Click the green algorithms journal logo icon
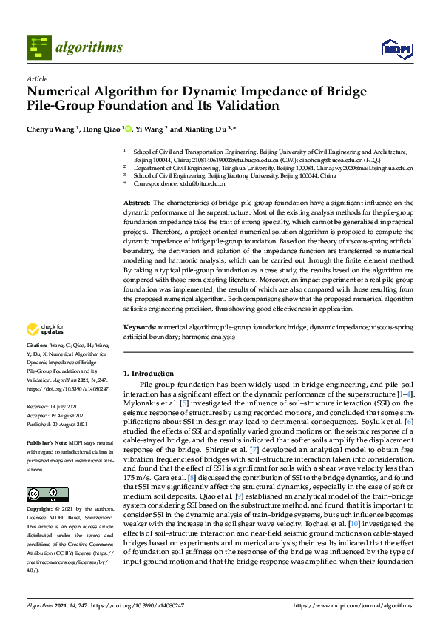[x=38, y=47]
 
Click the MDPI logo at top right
[x=396, y=49]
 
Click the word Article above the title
[x=36, y=78]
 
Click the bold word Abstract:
[x=137, y=202]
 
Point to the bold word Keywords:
[x=139, y=326]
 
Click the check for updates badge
[x=45, y=329]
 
